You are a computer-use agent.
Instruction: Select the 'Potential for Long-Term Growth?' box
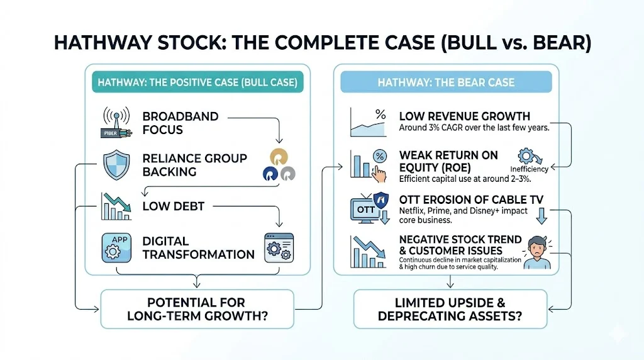pyautogui.click(x=196, y=308)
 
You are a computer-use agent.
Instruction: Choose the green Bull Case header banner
pyautogui.click(x=196, y=82)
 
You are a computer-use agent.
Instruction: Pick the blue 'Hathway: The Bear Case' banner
pyautogui.click(x=446, y=82)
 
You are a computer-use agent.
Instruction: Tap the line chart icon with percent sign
pyautogui.click(x=368, y=122)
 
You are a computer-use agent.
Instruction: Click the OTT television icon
pyautogui.click(x=368, y=207)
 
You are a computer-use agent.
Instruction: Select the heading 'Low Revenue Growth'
pyautogui.click(x=464, y=116)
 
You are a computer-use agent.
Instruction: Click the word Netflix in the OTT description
pyautogui.click(x=414, y=211)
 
